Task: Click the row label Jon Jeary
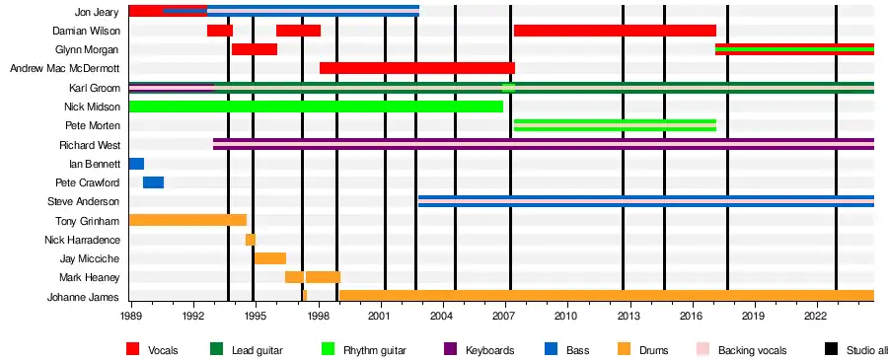(97, 12)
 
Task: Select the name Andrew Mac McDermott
(65, 68)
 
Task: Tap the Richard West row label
(90, 145)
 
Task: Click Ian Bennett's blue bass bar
(136, 164)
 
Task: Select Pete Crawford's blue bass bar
(154, 182)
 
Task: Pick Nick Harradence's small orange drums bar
(251, 240)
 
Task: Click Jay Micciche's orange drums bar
(270, 258)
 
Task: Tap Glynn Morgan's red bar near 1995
(255, 49)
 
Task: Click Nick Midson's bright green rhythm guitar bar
(316, 107)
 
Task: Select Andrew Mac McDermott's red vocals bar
(417, 68)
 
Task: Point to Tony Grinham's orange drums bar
(188, 220)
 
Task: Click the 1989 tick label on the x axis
(131, 315)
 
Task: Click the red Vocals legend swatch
(132, 349)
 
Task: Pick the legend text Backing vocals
(752, 350)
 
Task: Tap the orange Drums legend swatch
(625, 349)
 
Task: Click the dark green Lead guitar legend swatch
(216, 349)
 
